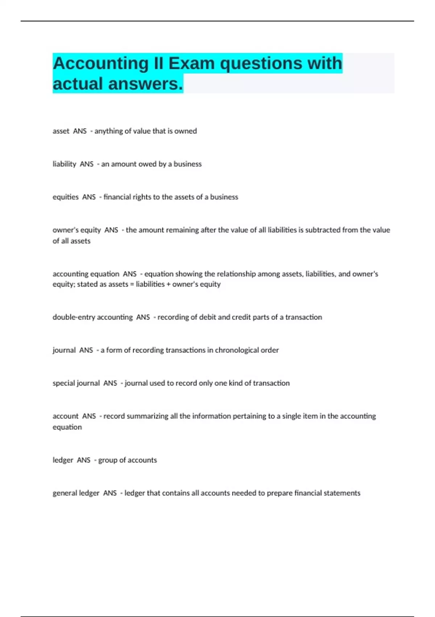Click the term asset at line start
click(61, 131)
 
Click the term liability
click(64, 164)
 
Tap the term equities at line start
click(65, 197)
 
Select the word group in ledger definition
click(108, 460)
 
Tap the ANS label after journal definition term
click(86, 350)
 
